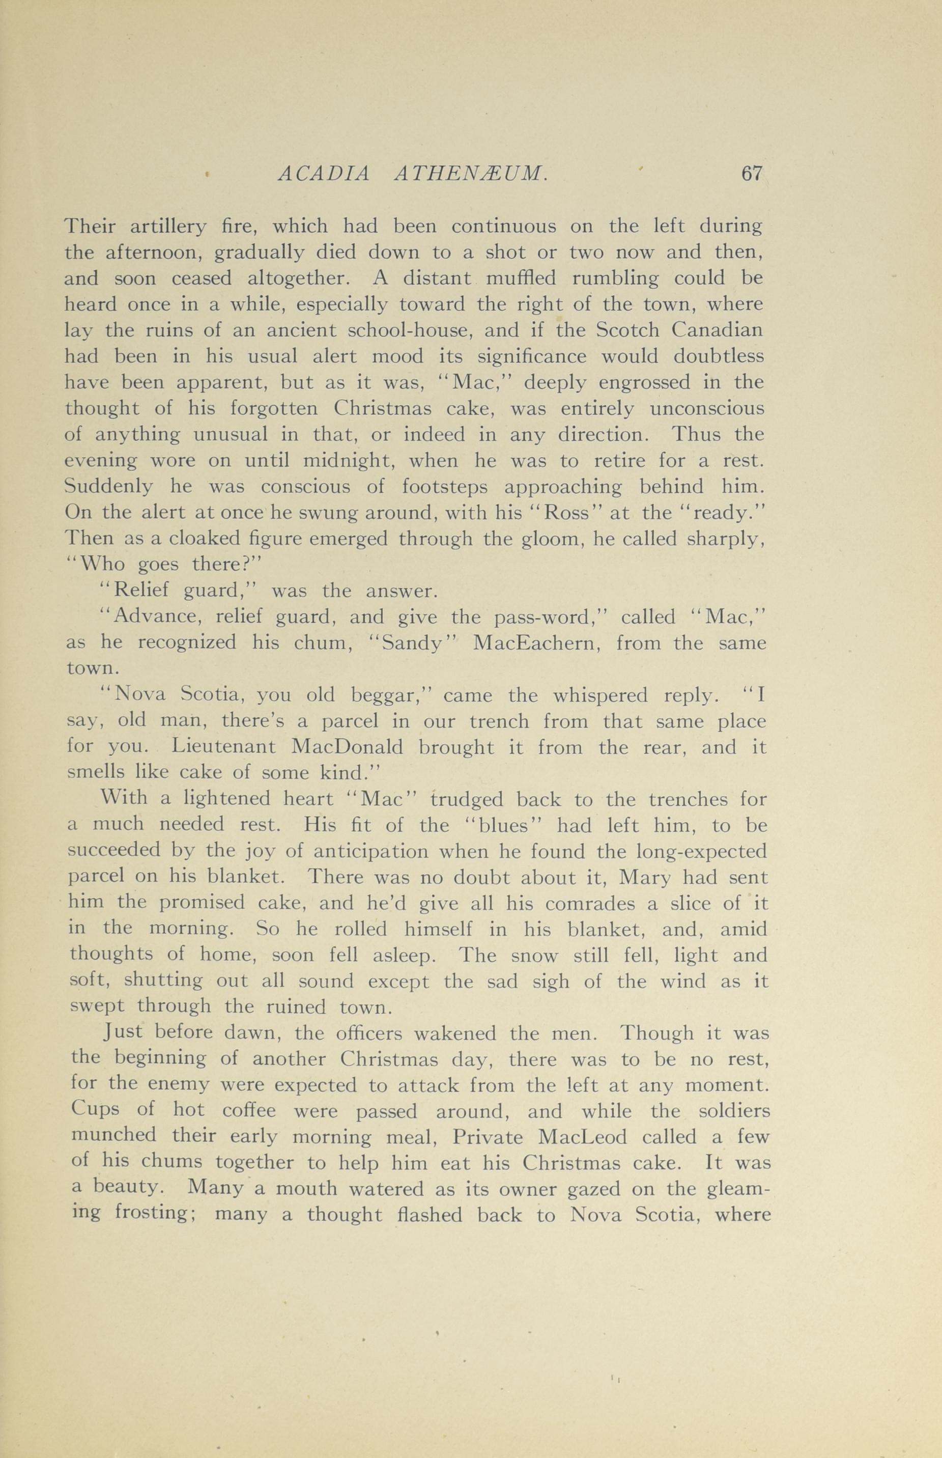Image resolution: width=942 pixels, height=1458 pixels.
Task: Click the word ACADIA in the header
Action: point(324,175)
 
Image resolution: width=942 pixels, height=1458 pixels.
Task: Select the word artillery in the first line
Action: point(169,228)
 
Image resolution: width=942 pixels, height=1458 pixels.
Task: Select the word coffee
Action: point(224,1111)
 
